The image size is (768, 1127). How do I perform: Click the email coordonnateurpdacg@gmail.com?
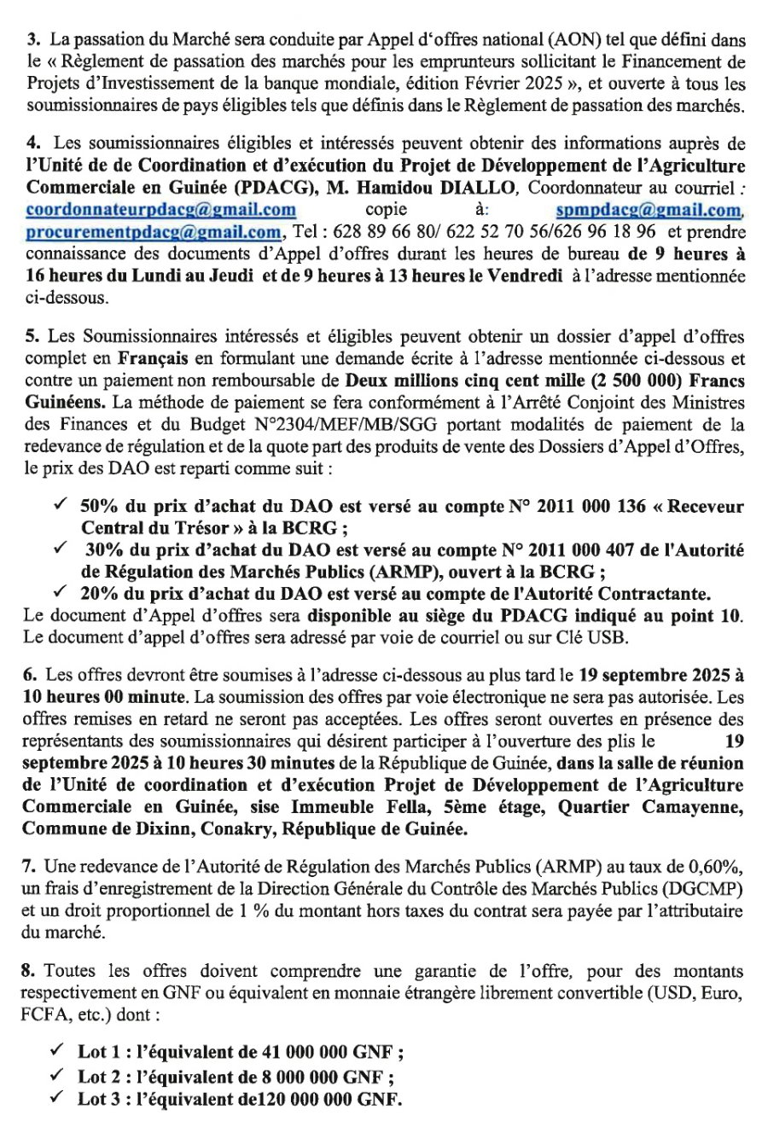161,209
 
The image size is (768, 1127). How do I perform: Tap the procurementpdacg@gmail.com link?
154,231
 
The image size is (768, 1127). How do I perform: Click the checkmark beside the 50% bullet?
60,506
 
